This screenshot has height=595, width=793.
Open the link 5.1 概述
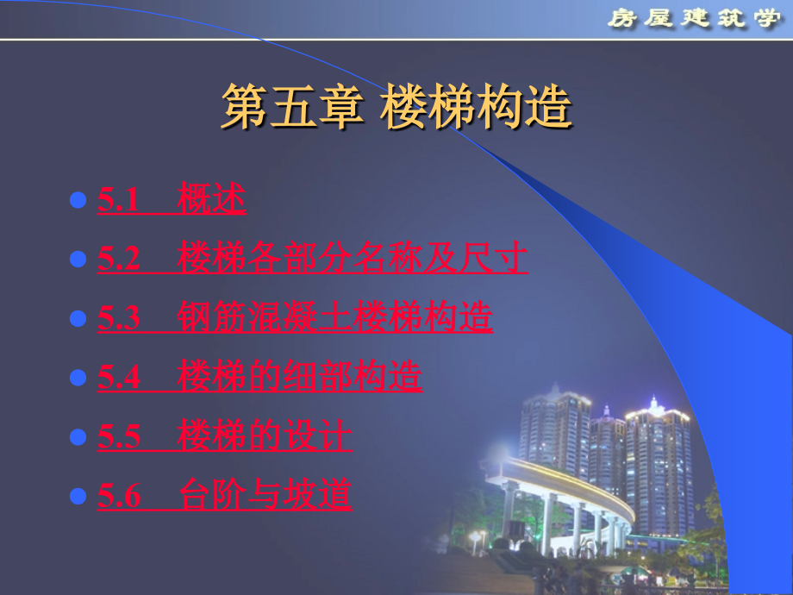coord(172,200)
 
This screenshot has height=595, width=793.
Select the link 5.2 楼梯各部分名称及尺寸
coord(312,259)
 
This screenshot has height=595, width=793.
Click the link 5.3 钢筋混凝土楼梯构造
coord(295,318)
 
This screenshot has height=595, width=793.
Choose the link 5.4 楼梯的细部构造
coord(259,378)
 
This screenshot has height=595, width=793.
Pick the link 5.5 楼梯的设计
coord(224,436)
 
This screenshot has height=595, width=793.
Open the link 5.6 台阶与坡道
coord(224,496)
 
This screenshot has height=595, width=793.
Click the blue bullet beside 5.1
coord(78,201)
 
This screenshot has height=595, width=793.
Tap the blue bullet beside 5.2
coord(78,260)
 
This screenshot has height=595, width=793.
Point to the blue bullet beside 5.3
coord(78,319)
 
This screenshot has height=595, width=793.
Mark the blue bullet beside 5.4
coord(78,379)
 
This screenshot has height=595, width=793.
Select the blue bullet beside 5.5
coord(78,437)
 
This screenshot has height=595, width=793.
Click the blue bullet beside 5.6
coord(78,497)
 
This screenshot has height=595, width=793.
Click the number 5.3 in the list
coord(119,319)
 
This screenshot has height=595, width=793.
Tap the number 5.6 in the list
coord(119,497)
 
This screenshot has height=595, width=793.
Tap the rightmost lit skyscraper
coord(659,466)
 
